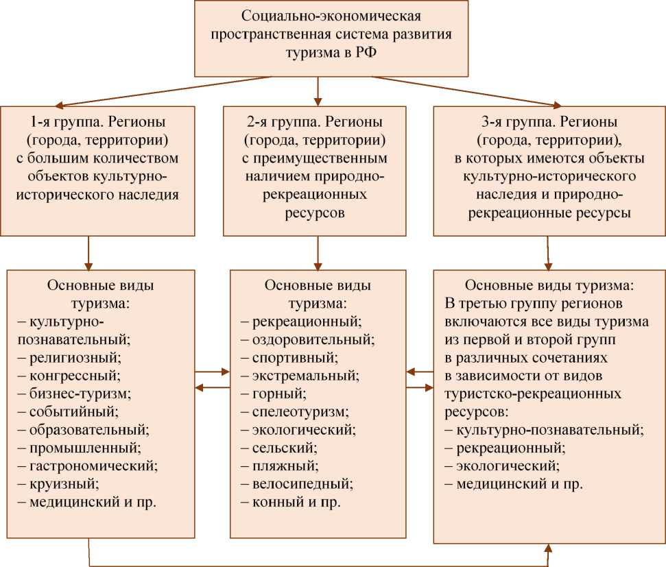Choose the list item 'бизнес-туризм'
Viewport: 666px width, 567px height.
pyautogui.click(x=80, y=394)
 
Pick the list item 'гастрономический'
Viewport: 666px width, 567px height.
pyautogui.click(x=93, y=466)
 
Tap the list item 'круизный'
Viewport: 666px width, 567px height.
pyautogui.click(x=64, y=484)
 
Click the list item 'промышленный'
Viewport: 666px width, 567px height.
pyautogui.click(x=85, y=448)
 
